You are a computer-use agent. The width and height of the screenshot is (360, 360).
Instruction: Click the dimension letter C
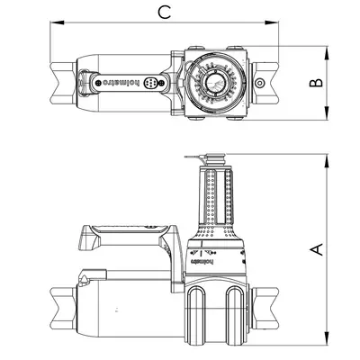pyautogui.click(x=162, y=12)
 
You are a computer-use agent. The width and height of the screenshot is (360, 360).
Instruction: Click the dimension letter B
pyautogui.click(x=315, y=83)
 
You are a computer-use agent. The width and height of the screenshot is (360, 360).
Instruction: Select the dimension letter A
pyautogui.click(x=315, y=249)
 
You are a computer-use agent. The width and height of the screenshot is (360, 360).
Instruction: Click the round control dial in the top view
pyautogui.click(x=213, y=84)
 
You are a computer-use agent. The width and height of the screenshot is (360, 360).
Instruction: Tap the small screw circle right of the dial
pyautogui.click(x=260, y=84)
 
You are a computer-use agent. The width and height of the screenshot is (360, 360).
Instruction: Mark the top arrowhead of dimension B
pyautogui.click(x=326, y=46)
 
